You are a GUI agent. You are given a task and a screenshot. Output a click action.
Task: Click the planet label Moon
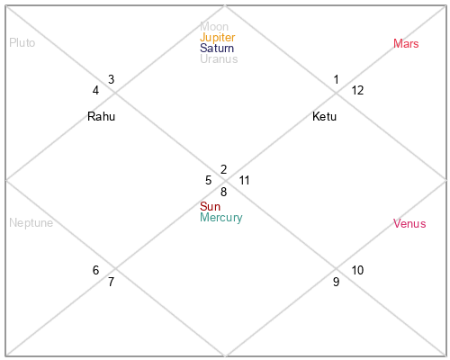pos(214,27)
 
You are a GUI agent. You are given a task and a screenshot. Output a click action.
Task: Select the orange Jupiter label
pos(218,38)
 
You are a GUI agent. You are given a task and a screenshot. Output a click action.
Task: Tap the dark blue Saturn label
pos(217,49)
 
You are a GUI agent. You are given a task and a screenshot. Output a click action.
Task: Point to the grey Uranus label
pos(219,59)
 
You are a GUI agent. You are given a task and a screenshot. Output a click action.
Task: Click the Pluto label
pos(22,43)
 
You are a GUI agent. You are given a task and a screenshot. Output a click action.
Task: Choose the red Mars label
pos(406,44)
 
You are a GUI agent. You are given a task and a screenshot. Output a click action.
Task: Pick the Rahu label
pos(101,116)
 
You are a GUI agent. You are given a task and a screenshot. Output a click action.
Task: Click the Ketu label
pos(324,116)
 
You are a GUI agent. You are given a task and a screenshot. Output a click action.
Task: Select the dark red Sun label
pos(210,207)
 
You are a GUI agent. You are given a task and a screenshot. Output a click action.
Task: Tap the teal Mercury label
pos(221,218)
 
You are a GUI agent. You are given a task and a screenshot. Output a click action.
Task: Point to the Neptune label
pos(31,223)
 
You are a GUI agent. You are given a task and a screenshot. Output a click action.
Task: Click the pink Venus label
pos(409,224)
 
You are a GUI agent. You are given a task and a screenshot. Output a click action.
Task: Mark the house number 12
pos(357,90)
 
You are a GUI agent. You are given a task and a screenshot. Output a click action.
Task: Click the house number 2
pos(223,169)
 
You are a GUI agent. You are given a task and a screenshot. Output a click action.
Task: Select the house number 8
pos(223,192)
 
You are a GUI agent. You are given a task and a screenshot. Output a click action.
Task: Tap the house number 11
pos(244,180)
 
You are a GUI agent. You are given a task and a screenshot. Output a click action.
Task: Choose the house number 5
pos(209,180)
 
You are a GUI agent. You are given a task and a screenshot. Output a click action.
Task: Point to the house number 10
pos(357,270)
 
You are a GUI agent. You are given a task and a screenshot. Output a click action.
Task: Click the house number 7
pos(112,282)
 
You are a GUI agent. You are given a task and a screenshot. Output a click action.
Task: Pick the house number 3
pos(112,79)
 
